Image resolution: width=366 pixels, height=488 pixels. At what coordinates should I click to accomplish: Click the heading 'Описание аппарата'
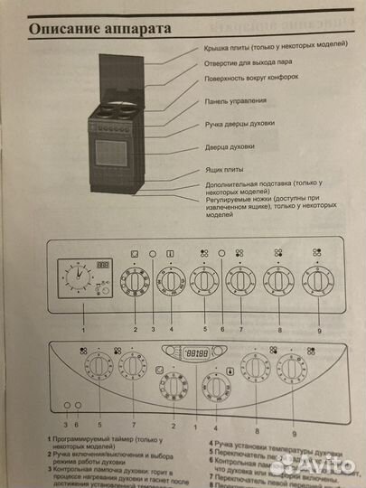click(100, 29)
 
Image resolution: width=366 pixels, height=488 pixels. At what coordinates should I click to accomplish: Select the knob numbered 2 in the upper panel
click(135, 281)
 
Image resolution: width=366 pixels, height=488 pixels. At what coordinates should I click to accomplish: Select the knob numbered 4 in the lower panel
click(214, 387)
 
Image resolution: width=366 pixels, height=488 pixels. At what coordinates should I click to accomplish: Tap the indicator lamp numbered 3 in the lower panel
click(66, 405)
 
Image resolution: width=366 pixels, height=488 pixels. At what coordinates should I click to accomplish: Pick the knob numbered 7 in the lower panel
click(133, 367)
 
